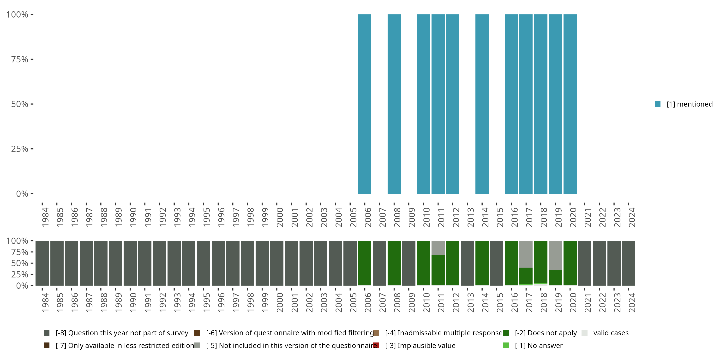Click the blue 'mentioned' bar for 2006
pyautogui.click(x=365, y=104)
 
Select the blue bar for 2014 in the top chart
pyautogui.click(x=482, y=104)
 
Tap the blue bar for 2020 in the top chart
pyautogui.click(x=570, y=104)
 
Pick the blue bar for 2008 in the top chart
pyautogui.click(x=394, y=104)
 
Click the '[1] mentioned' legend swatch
pyautogui.click(x=657, y=104)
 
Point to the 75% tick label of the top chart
pyautogui.click(x=20, y=59)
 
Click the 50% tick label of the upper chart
pyautogui.click(x=20, y=104)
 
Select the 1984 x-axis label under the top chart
pyautogui.click(x=45, y=217)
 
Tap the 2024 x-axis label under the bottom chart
pyautogui.click(x=632, y=303)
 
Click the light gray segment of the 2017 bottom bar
pyautogui.click(x=526, y=254)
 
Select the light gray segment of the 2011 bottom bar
pyautogui.click(x=438, y=248)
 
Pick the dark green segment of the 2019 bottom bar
pyautogui.click(x=555, y=277)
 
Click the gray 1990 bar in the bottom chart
pyautogui.click(x=130, y=263)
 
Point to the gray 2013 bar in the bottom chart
pyautogui.click(x=467, y=263)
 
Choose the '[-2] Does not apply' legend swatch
pyautogui.click(x=506, y=333)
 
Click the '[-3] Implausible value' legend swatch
pyautogui.click(x=376, y=345)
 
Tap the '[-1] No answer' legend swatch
pyautogui.click(x=506, y=345)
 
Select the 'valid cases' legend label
pyautogui.click(x=611, y=333)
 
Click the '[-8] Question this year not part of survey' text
pyautogui.click(x=122, y=333)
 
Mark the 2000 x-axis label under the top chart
pyautogui.click(x=280, y=217)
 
